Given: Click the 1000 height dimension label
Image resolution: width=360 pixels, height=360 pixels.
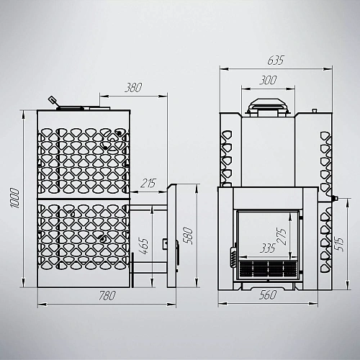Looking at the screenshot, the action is coord(15,198).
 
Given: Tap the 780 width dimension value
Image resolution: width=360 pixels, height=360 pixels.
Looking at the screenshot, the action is coord(107,296).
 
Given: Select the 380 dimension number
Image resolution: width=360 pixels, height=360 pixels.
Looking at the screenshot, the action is coord(133,88).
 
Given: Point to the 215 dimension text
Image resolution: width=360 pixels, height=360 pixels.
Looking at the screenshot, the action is coord(148,184).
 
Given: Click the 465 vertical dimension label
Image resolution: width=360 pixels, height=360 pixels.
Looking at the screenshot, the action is coord(144,246).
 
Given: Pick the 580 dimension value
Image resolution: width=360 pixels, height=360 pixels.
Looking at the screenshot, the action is coord(189,236).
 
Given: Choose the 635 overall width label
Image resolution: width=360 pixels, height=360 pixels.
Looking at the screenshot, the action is coord(276,60).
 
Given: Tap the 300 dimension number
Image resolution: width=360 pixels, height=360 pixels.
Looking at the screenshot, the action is coord(268,80).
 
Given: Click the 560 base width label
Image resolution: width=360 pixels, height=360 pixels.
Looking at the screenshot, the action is coord(268,294).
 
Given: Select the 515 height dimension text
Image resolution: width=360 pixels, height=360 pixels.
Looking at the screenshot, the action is coord(339,244).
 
